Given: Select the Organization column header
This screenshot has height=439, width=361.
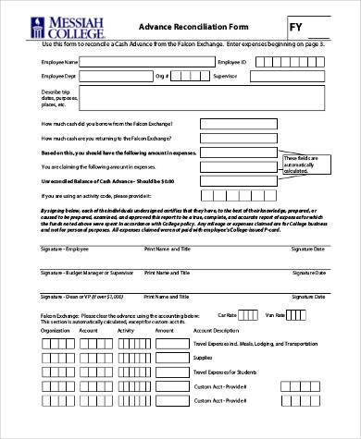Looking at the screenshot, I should click(x=56, y=328).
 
